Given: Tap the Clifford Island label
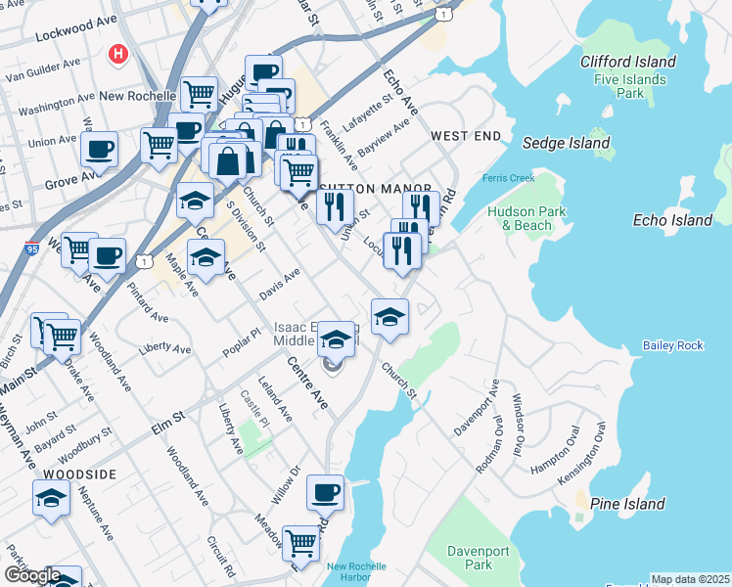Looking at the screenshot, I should pyautogui.click(x=627, y=62).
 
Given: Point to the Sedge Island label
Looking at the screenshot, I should pyautogui.click(x=566, y=143).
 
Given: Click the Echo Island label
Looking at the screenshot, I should pyautogui.click(x=672, y=220).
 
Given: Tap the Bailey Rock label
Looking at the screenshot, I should pyautogui.click(x=672, y=345).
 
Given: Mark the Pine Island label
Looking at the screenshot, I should pyautogui.click(x=628, y=504).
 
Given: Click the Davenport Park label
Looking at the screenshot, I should pyautogui.click(x=478, y=558).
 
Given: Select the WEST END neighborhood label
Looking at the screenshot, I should pyautogui.click(x=466, y=135).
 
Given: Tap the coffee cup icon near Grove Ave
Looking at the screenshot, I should pyautogui.click(x=99, y=151).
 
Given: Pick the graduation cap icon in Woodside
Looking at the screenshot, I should pyautogui.click(x=51, y=498).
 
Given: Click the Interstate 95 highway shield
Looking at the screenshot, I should pyautogui.click(x=32, y=248).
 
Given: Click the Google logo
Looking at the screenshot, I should pyautogui.click(x=31, y=575).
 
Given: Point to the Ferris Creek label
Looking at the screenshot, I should pyautogui.click(x=508, y=178).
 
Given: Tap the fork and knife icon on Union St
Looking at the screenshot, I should pyautogui.click(x=335, y=206).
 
